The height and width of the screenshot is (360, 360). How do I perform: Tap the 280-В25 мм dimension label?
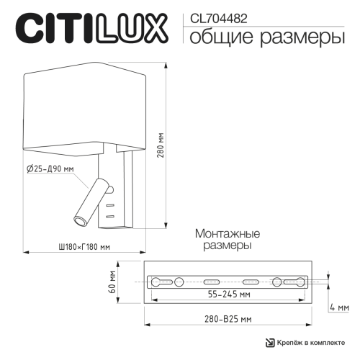[x=227, y=318]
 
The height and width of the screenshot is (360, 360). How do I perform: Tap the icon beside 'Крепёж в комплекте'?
[x=270, y=342]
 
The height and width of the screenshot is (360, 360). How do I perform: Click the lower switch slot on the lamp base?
[x=110, y=215]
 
